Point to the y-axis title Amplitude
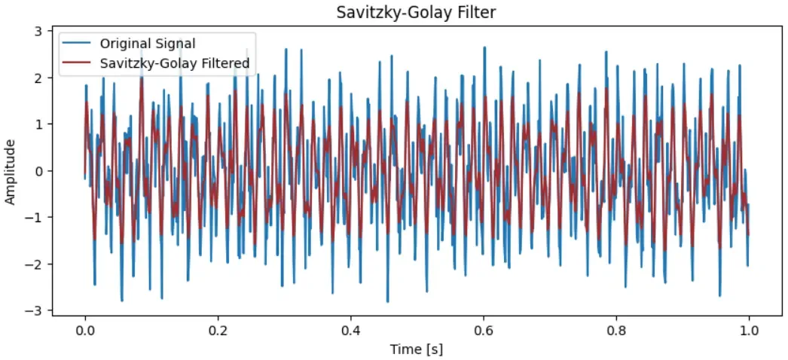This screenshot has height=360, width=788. tap(11, 171)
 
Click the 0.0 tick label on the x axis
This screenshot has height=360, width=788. tap(85, 330)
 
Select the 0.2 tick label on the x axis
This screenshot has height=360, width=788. tap(218, 330)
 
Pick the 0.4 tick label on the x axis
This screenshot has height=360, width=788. tap(350, 330)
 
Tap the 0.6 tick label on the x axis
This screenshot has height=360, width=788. tap(484, 330)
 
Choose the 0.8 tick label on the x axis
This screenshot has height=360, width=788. tap(616, 330)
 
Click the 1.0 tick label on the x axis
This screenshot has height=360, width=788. tap(749, 330)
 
